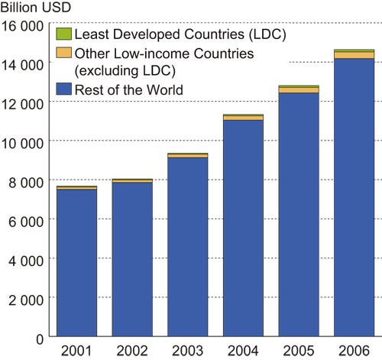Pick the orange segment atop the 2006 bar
tap(354, 55)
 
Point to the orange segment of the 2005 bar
tap(299, 90)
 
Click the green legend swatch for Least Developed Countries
tap(63, 34)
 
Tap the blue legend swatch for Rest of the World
tap(63, 90)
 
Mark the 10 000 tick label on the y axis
tap(24, 141)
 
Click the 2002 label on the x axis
tap(132, 350)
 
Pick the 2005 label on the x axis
tap(299, 350)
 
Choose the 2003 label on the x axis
tap(187, 350)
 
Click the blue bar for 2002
tap(132, 259)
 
